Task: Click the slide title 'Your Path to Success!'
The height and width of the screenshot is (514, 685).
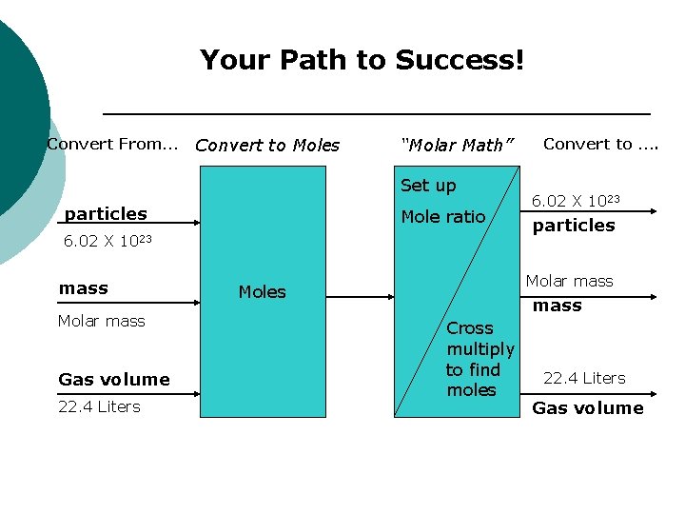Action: pyautogui.click(x=362, y=61)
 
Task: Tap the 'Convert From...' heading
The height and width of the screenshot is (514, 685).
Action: pyautogui.click(x=112, y=145)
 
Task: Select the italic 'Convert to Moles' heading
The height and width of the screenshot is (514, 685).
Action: pyautogui.click(x=266, y=146)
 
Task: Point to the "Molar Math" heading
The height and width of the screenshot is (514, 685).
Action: pyautogui.click(x=458, y=146)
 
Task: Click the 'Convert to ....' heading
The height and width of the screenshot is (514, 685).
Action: pyautogui.click(x=600, y=144)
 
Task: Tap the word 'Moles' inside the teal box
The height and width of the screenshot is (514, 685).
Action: pyautogui.click(x=262, y=292)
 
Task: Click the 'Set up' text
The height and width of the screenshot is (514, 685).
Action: pyautogui.click(x=428, y=186)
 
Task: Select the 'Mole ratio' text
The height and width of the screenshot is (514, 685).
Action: pyautogui.click(x=443, y=217)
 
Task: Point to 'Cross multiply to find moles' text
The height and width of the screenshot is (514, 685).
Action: pyautogui.click(x=479, y=359)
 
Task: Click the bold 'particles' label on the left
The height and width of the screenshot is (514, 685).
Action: pyautogui.click(x=106, y=214)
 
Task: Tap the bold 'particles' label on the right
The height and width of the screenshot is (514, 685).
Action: pyautogui.click(x=574, y=226)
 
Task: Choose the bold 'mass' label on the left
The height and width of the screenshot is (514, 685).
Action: pyautogui.click(x=84, y=288)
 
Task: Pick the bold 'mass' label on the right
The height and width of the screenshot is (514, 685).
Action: pyautogui.click(x=557, y=306)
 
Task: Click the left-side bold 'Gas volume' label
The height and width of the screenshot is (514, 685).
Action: pyautogui.click(x=114, y=380)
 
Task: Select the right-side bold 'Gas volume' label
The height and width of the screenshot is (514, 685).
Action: pyautogui.click(x=588, y=408)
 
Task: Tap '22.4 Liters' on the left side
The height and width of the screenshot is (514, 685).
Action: pyautogui.click(x=99, y=406)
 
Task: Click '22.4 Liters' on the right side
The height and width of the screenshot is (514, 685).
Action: pyautogui.click(x=584, y=378)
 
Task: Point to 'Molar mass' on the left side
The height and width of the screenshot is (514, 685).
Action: pyautogui.click(x=102, y=321)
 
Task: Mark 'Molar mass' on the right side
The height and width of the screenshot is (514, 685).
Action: pyautogui.click(x=570, y=281)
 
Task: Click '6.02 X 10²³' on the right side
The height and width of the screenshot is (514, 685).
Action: pyautogui.click(x=576, y=200)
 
